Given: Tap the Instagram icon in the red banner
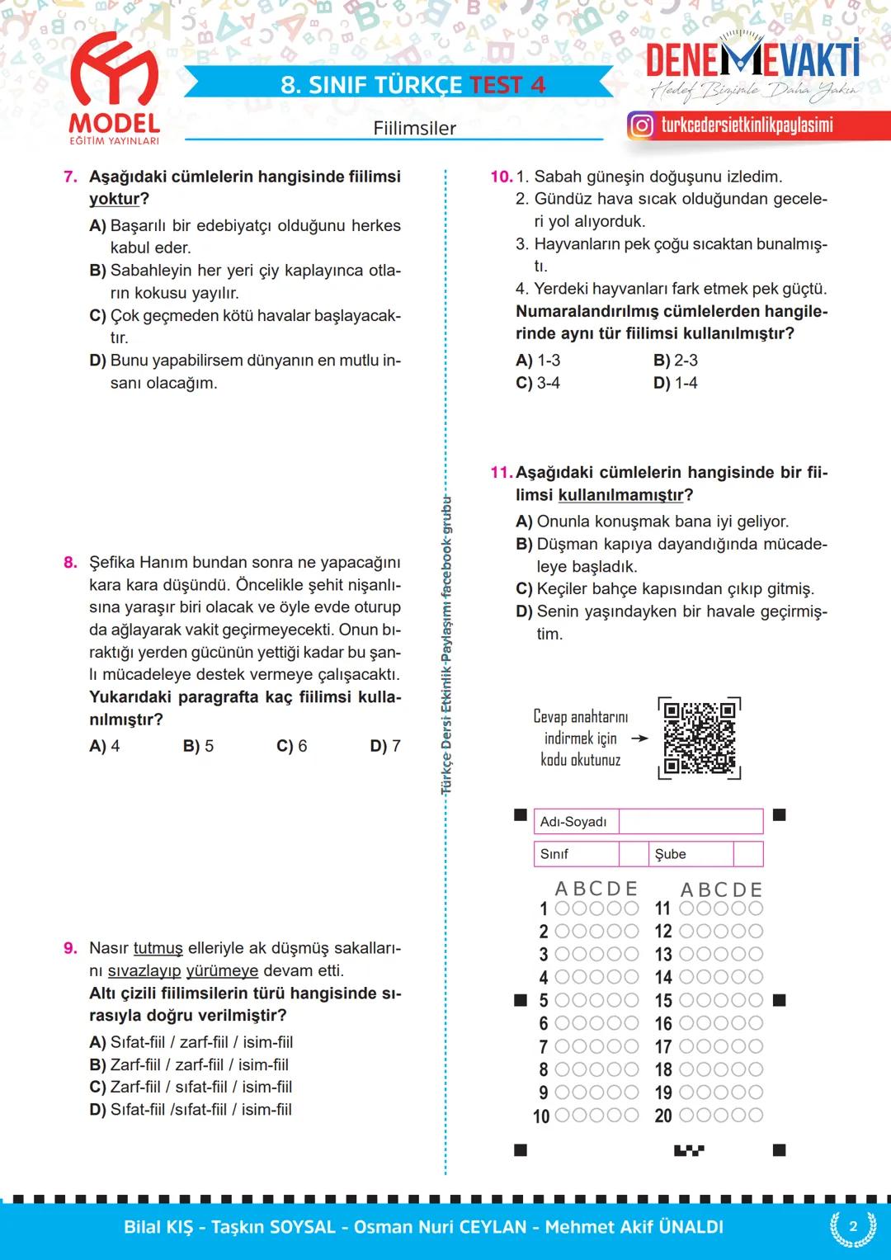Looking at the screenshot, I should tap(641, 125).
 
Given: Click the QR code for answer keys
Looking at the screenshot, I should tap(699, 738).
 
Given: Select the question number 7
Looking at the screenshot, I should tap(70, 177).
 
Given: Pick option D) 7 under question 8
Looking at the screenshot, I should tap(385, 746).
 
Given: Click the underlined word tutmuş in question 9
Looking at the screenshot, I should tap(158, 948).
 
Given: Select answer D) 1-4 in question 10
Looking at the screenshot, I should tap(675, 383).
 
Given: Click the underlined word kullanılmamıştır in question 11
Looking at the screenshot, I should tap(620, 495).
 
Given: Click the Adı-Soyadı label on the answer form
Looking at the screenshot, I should tap(573, 822).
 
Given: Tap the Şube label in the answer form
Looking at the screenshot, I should tap(670, 854).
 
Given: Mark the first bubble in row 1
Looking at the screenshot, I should tap(563, 908).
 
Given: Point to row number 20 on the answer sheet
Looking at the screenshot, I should tap(663, 1116).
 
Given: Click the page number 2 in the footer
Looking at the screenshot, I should tap(853, 1226).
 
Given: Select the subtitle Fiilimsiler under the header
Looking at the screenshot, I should tap(414, 128).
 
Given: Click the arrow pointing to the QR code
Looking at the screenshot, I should tap(639, 739).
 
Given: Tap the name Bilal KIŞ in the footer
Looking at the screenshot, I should tap(158, 1227).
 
